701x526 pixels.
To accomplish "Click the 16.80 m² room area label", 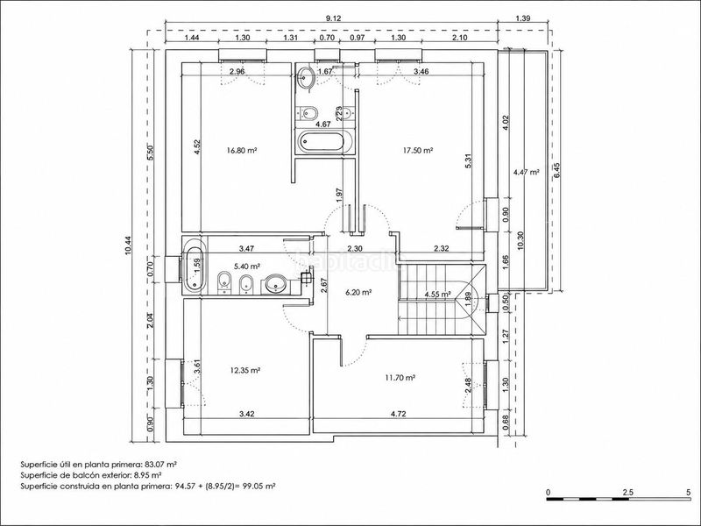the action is point(242,151).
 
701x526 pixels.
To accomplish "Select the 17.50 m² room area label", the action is point(418,151).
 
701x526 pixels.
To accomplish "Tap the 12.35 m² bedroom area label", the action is point(245,370).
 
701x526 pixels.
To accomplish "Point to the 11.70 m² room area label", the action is point(400,378).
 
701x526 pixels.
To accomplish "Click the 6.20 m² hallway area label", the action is point(359,293).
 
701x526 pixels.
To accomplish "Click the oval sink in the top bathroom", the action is point(307,76).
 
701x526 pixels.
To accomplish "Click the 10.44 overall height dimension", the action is point(128,245).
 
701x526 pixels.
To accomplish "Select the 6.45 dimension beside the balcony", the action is point(557,170).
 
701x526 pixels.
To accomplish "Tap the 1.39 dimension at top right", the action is point(522,18).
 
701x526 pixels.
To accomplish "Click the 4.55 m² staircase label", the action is point(438,295).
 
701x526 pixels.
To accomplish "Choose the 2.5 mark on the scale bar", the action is point(627,492).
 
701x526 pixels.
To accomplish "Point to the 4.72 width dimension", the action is point(399,414).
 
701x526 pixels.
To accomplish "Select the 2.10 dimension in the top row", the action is point(459,38).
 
